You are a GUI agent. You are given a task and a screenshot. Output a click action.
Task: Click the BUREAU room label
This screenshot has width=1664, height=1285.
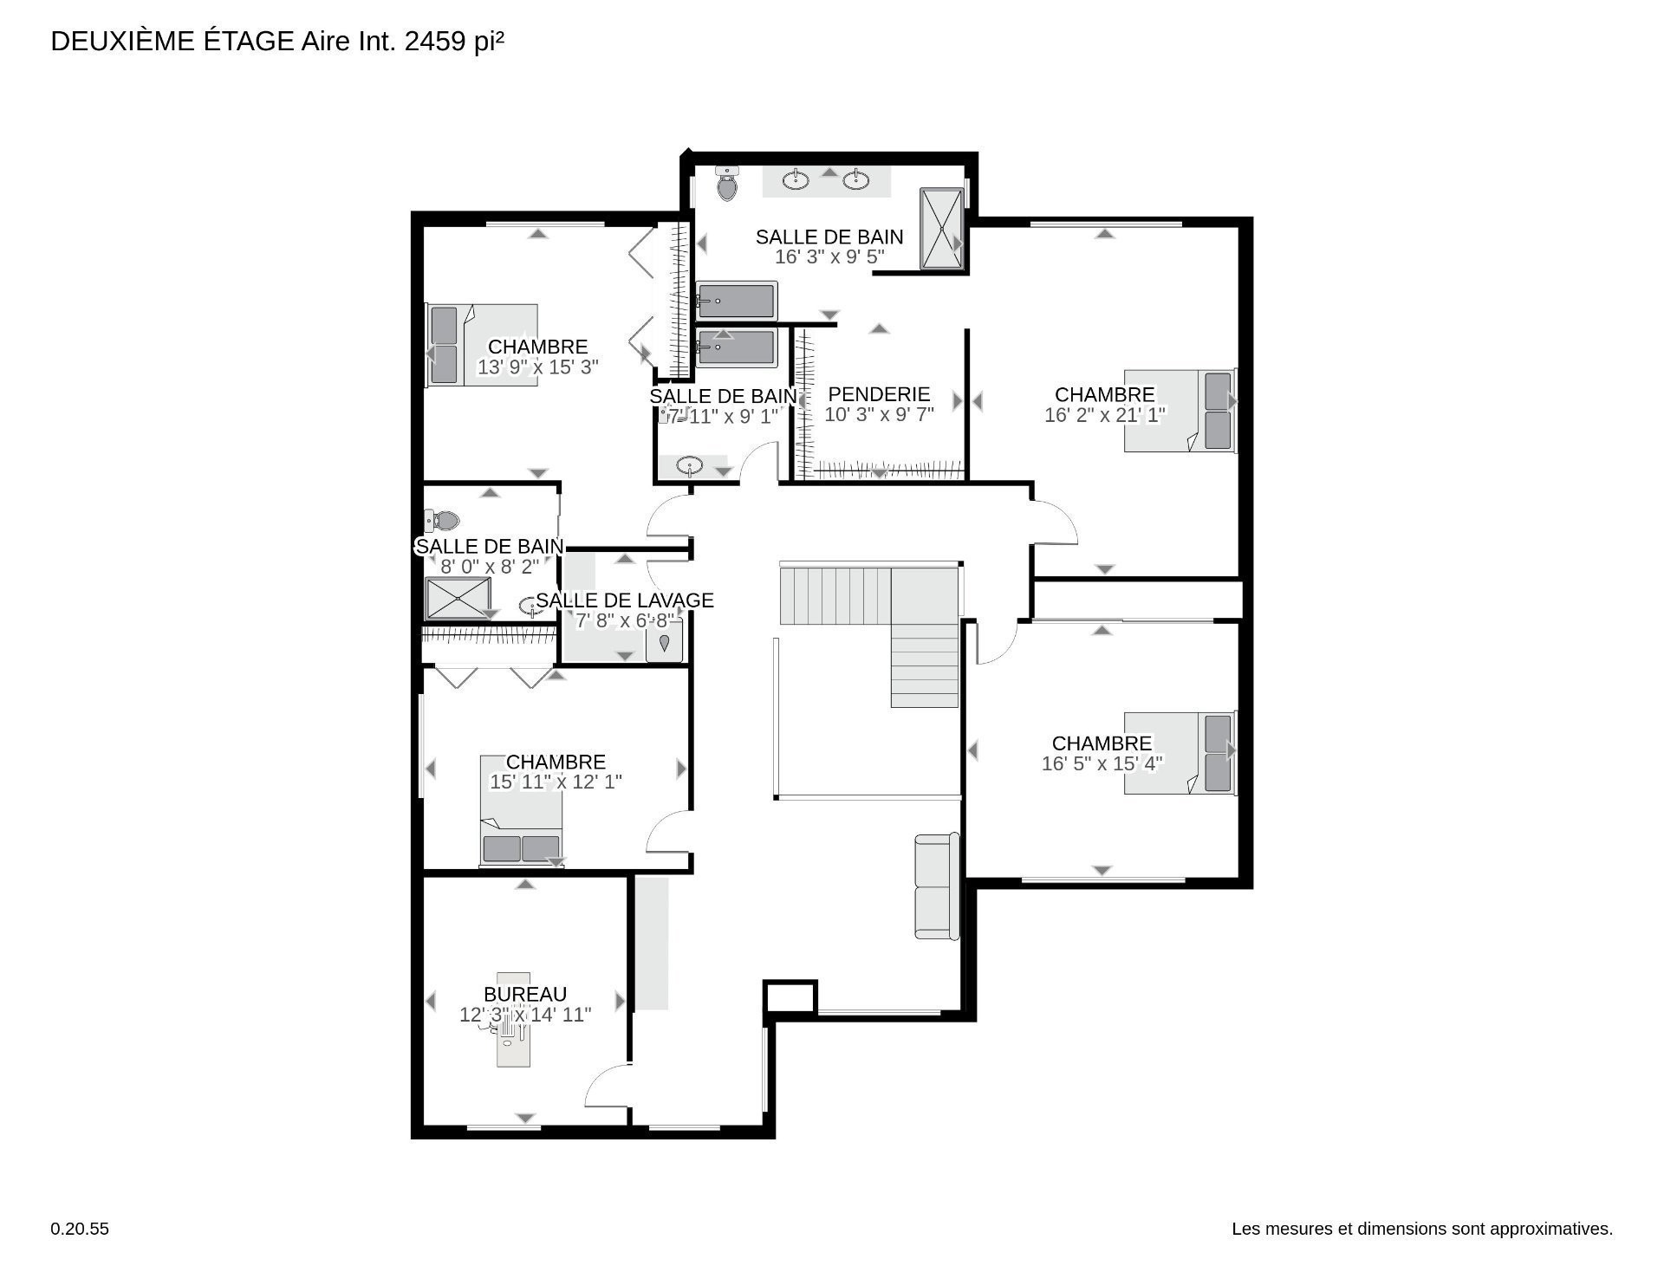(x=525, y=994)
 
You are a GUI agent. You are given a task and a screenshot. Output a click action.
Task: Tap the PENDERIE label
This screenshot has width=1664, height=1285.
(x=879, y=394)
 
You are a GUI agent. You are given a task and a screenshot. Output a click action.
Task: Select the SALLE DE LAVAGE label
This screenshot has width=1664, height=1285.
(x=625, y=600)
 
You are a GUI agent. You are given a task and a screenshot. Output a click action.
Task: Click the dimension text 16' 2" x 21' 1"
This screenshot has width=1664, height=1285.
(x=1105, y=415)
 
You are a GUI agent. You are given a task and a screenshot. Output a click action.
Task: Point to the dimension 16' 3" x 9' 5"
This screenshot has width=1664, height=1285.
(x=829, y=256)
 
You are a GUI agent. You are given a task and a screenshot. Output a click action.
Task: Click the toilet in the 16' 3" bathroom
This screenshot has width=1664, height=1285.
(x=727, y=183)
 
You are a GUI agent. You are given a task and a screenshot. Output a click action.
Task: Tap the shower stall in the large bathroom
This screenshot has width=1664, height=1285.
(x=941, y=229)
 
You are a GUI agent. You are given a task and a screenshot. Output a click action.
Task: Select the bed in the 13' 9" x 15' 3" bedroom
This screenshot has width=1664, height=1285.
(x=482, y=345)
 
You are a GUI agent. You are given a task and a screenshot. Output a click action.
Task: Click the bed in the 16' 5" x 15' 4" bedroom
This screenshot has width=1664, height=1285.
(x=1180, y=753)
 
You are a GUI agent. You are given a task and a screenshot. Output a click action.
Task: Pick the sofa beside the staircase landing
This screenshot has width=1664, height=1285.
(x=937, y=886)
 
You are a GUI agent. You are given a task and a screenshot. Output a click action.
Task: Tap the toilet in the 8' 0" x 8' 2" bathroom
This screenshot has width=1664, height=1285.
(x=442, y=521)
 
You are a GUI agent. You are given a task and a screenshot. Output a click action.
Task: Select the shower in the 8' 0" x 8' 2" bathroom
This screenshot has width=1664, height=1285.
(x=458, y=598)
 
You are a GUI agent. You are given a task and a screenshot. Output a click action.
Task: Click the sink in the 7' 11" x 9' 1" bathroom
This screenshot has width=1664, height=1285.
(x=690, y=466)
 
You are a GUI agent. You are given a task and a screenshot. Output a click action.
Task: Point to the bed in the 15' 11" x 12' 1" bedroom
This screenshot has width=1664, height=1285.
(x=521, y=809)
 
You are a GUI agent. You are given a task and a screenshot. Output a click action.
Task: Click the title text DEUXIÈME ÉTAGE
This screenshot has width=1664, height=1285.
(x=172, y=42)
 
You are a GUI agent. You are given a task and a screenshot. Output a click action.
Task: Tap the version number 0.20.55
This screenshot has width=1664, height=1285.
(x=80, y=1229)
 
